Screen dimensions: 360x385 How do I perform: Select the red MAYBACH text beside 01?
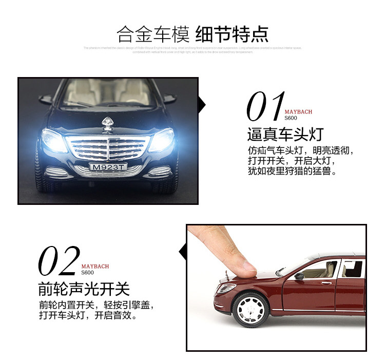tap(298, 111)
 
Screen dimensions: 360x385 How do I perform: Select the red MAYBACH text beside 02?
tap(95, 267)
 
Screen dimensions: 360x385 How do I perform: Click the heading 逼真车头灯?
tap(285, 135)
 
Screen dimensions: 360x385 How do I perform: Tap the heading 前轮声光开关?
tap(84, 289)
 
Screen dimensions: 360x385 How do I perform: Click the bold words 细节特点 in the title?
tap(232, 35)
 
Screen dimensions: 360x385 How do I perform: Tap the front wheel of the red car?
tap(251, 310)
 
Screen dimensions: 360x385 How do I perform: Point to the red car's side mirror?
tap(299, 276)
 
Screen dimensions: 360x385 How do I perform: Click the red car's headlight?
tap(226, 288)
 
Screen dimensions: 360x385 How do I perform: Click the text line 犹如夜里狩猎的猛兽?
tap(292, 172)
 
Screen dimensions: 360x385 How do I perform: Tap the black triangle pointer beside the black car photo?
tap(202, 105)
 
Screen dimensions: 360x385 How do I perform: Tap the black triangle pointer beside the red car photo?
tap(182, 252)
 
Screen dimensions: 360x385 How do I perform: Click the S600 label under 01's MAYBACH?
tap(291, 118)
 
